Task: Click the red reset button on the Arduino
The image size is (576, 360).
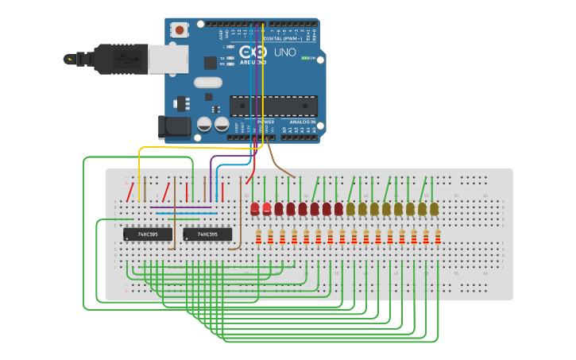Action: (180, 30)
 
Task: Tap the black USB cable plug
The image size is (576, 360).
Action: (119, 58)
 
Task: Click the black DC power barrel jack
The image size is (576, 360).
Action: (175, 127)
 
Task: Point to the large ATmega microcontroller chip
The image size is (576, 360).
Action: (273, 106)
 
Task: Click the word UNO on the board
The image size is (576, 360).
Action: (284, 52)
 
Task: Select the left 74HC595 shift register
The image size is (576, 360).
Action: (147, 234)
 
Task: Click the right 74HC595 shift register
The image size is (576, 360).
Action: (207, 234)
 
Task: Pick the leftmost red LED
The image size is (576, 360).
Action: (255, 209)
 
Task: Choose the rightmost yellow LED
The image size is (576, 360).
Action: (434, 208)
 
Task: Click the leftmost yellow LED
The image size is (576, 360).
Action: (350, 208)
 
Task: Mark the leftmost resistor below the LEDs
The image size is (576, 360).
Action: (259, 236)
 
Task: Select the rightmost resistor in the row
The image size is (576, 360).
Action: (438, 236)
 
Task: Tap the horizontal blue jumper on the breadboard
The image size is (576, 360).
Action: (187, 213)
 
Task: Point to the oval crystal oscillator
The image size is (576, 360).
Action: (207, 82)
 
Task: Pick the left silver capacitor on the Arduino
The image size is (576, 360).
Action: (205, 124)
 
